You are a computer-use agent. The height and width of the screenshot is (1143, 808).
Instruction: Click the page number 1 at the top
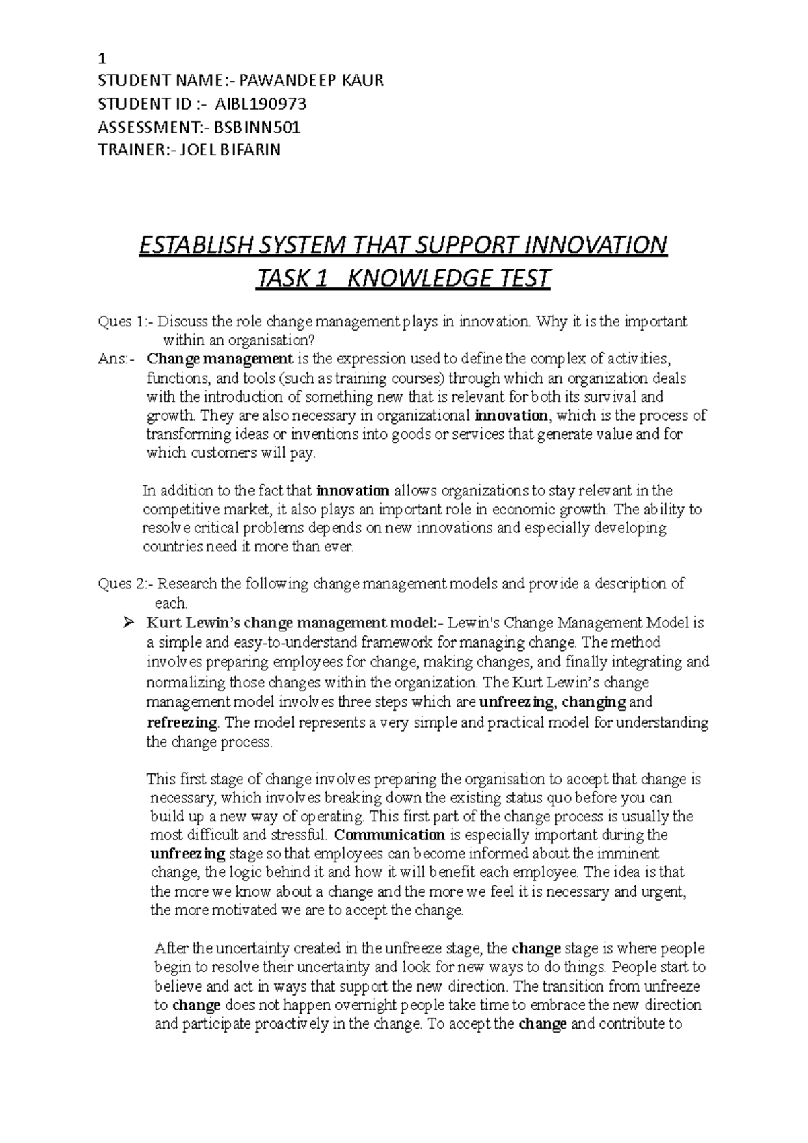click(x=102, y=57)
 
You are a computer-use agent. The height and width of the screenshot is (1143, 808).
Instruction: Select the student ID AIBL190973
click(x=260, y=104)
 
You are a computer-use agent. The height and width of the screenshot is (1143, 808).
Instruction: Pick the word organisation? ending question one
click(x=273, y=341)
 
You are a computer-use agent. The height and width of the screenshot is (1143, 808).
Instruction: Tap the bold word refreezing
click(x=182, y=723)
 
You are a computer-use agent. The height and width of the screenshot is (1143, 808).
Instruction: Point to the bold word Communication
click(x=389, y=835)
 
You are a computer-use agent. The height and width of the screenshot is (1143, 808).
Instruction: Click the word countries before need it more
click(x=172, y=547)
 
